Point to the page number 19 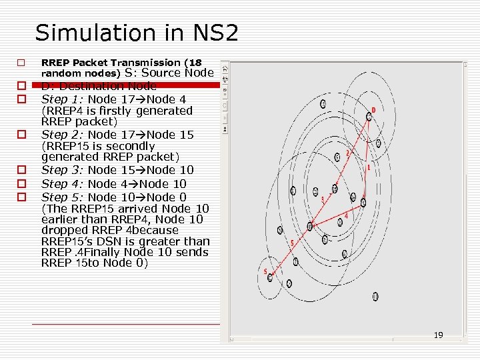pos(438,335)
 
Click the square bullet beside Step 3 pos(21,170)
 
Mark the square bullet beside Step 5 pos(21,197)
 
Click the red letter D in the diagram pos(373,110)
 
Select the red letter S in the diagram pos(265,271)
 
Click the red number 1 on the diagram pos(369,168)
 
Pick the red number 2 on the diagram pos(347,153)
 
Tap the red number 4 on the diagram pos(346,215)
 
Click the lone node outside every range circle pos(375,296)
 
